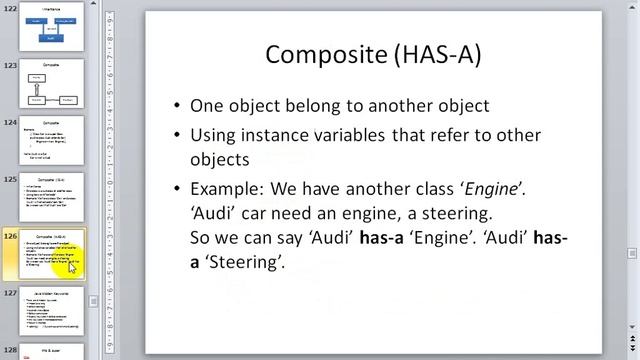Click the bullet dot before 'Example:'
point(177,188)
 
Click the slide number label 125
point(10,180)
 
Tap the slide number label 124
point(10,123)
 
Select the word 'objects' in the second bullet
point(219,160)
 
